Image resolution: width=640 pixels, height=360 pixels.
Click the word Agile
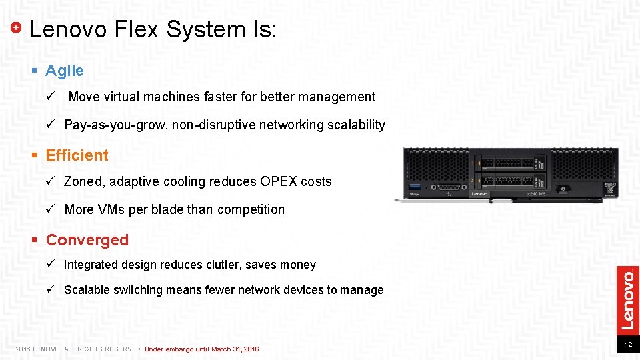tap(65, 71)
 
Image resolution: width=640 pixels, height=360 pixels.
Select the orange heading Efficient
tap(77, 155)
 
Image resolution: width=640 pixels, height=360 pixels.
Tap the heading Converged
tap(87, 240)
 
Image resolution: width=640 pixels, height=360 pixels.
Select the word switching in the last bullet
tap(138, 290)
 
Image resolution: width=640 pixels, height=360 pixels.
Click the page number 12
tap(628, 345)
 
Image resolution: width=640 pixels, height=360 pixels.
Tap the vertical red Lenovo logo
tap(627, 298)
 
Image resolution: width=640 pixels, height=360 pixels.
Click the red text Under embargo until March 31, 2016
tap(201, 349)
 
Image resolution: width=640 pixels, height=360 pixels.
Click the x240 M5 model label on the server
tap(537, 194)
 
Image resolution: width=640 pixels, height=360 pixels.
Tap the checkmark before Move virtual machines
tap(49, 97)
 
